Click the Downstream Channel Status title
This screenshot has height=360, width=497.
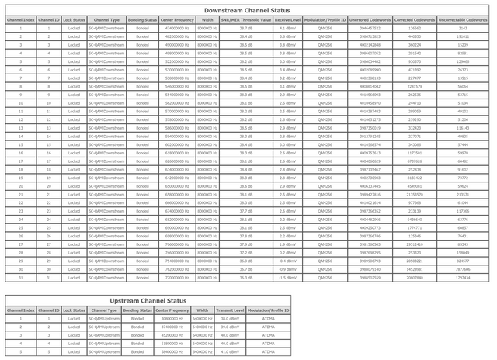(248, 9)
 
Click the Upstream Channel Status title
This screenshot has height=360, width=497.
(148, 300)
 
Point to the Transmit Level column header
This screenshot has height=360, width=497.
(230, 310)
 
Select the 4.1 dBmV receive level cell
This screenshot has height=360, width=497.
(287, 27)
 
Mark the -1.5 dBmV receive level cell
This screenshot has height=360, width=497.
(287, 277)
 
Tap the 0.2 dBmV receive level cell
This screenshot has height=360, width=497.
(287, 252)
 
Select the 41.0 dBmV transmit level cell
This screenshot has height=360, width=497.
(230, 351)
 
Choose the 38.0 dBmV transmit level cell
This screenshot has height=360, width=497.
(230, 318)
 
